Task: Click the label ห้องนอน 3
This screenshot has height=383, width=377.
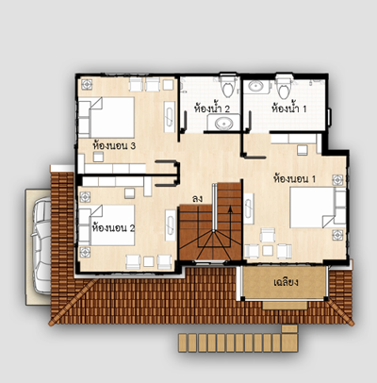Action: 114,146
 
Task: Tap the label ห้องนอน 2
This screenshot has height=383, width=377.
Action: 113,227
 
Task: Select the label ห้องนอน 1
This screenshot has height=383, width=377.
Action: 294,179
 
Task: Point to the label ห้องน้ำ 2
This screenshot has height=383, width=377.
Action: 212,108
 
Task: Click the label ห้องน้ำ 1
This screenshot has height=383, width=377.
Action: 288,108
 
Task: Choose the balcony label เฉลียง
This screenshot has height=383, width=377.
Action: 286,282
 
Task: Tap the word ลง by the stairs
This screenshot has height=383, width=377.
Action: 197,199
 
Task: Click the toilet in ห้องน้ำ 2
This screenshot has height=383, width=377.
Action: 228,86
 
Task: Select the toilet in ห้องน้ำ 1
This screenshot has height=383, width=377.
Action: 284,86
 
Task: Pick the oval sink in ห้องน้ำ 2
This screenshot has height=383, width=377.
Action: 224,124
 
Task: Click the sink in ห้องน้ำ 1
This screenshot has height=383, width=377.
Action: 256,86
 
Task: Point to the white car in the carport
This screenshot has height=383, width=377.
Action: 42,245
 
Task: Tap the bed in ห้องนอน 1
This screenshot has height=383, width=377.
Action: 318,208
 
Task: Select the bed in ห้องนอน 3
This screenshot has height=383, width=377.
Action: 107,118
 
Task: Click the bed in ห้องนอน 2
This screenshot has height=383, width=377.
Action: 107,225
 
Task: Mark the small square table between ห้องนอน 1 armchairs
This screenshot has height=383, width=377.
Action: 268,251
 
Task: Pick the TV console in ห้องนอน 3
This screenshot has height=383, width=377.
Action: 170,117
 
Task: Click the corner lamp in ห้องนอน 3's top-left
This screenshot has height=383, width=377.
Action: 87,84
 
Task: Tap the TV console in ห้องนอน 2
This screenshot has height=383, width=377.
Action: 171,225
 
